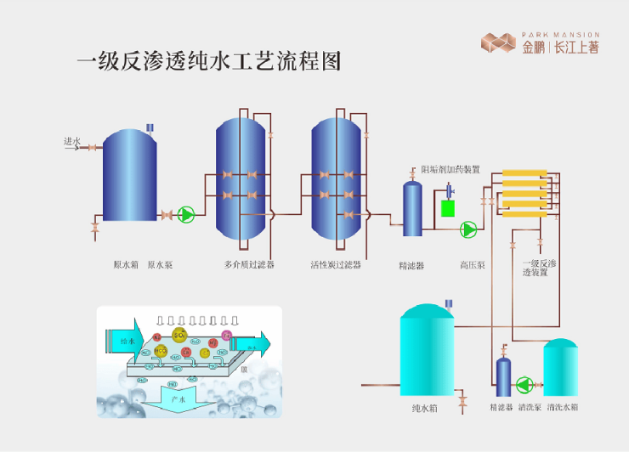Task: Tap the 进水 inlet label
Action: coord(71,141)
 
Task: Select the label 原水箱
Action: coord(126,264)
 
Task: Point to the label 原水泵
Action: coord(160,264)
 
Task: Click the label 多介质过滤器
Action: coord(249,264)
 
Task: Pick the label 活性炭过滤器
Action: coord(336,264)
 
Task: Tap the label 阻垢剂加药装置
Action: coord(450,169)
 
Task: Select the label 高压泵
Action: coord(472,264)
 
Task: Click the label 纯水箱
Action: coord(424,408)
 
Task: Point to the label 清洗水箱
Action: coord(563,408)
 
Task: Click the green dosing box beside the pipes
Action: coord(447,206)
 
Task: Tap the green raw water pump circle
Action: coord(186,215)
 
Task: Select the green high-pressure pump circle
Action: coord(468,229)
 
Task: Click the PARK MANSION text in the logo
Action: coord(560,35)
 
